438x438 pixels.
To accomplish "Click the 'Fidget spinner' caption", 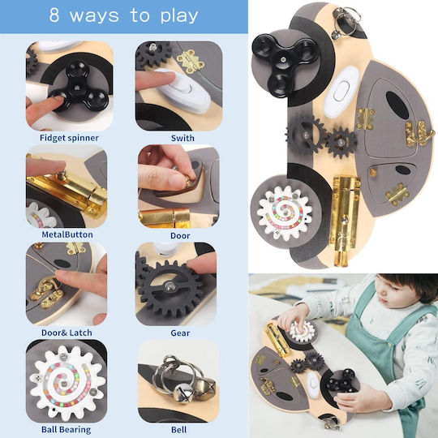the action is (69, 138).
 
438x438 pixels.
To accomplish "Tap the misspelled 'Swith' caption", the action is (182, 138).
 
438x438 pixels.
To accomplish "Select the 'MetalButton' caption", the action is (67, 234).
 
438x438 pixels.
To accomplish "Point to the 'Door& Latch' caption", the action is (67, 333).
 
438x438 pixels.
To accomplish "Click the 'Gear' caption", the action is (180, 333).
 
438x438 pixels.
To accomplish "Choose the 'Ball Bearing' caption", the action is (67, 430).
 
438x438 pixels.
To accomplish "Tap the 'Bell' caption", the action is (178, 430).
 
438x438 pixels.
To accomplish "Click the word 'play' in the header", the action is (179, 16).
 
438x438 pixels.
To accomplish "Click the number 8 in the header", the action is (54, 15).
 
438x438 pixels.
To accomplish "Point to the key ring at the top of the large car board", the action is (346, 21).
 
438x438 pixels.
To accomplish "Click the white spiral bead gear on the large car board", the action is (285, 213).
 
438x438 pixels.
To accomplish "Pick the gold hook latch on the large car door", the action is (415, 134).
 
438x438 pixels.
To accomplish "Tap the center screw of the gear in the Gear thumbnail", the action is (170, 286).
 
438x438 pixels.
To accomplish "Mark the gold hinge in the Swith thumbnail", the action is (191, 60).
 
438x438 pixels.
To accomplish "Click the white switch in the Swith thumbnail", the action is (185, 90).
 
